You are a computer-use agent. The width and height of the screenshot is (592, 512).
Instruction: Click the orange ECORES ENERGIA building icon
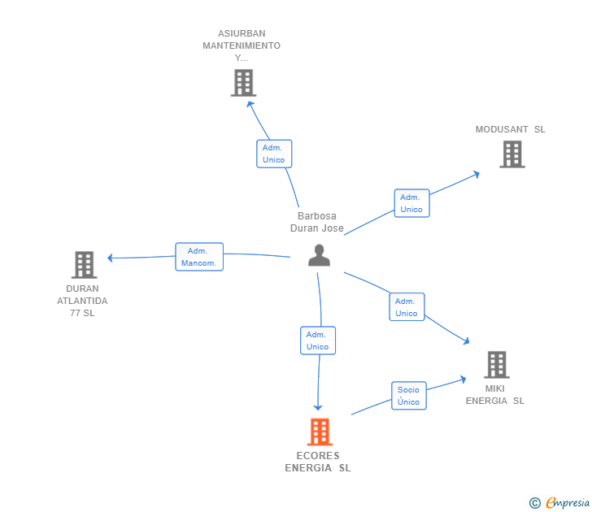point(320,432)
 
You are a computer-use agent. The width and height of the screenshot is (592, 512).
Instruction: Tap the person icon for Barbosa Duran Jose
point(319,255)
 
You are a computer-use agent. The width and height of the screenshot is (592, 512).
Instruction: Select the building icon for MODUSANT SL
point(512,154)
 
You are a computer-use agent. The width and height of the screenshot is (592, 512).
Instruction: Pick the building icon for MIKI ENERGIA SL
point(497,364)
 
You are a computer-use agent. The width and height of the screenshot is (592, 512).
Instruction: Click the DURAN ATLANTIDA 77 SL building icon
point(85,264)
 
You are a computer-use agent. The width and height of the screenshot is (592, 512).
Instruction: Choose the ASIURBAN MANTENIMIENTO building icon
point(243,83)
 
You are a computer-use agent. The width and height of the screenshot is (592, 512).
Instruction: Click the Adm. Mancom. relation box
point(199,257)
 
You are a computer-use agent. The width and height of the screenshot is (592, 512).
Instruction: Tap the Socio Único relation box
point(409,396)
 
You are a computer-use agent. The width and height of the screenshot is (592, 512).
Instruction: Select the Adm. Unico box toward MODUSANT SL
point(412,203)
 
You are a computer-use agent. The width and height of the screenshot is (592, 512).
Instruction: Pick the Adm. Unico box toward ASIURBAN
point(274,154)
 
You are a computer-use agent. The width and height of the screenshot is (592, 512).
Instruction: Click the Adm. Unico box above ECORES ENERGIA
point(318,341)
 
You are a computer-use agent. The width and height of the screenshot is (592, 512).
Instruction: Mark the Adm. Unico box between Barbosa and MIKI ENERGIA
point(407,306)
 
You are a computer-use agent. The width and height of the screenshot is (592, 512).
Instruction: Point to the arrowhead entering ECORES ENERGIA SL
point(318,407)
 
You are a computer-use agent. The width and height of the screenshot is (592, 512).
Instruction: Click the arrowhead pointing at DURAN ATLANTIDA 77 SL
point(111,258)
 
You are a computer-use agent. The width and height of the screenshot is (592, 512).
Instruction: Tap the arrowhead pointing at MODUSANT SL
point(477,174)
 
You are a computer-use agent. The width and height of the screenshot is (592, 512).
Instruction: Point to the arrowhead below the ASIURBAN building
point(250,104)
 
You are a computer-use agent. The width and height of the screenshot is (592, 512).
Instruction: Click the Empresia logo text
point(568,502)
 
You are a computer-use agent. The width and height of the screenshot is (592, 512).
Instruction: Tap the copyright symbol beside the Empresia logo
point(535,503)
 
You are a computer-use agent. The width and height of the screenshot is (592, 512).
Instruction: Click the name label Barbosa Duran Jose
point(317,222)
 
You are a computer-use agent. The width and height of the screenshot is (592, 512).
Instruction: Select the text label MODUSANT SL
point(510,129)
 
